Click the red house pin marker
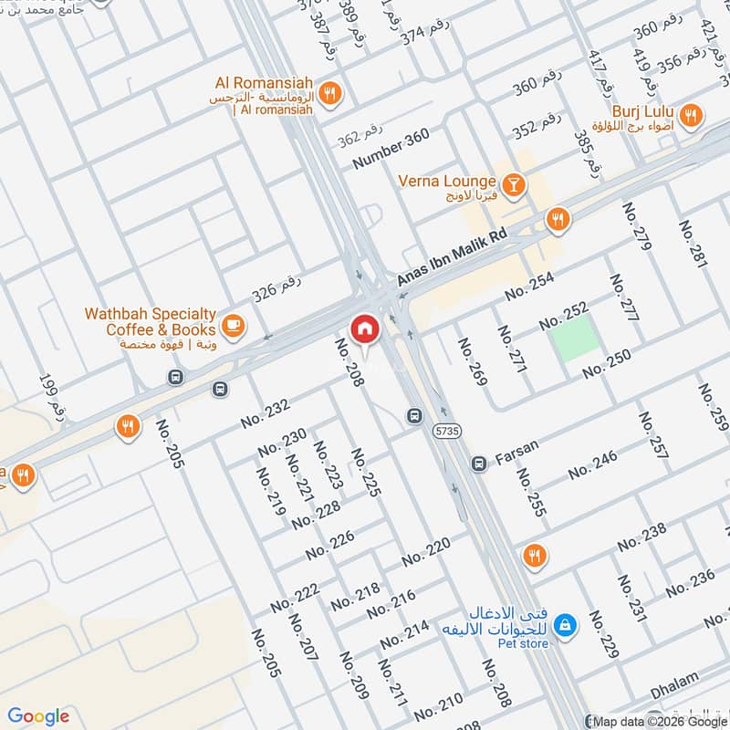pyautogui.click(x=364, y=329)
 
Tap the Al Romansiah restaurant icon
pyautogui.click(x=331, y=91)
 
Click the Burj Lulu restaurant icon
pyautogui.click(x=692, y=116)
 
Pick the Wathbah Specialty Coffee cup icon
pyautogui.click(x=233, y=324)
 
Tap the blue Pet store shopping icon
pyautogui.click(x=566, y=624)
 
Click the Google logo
pyautogui.click(x=38, y=716)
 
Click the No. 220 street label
pyautogui.click(x=426, y=550)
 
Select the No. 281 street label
pyautogui.click(x=693, y=244)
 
